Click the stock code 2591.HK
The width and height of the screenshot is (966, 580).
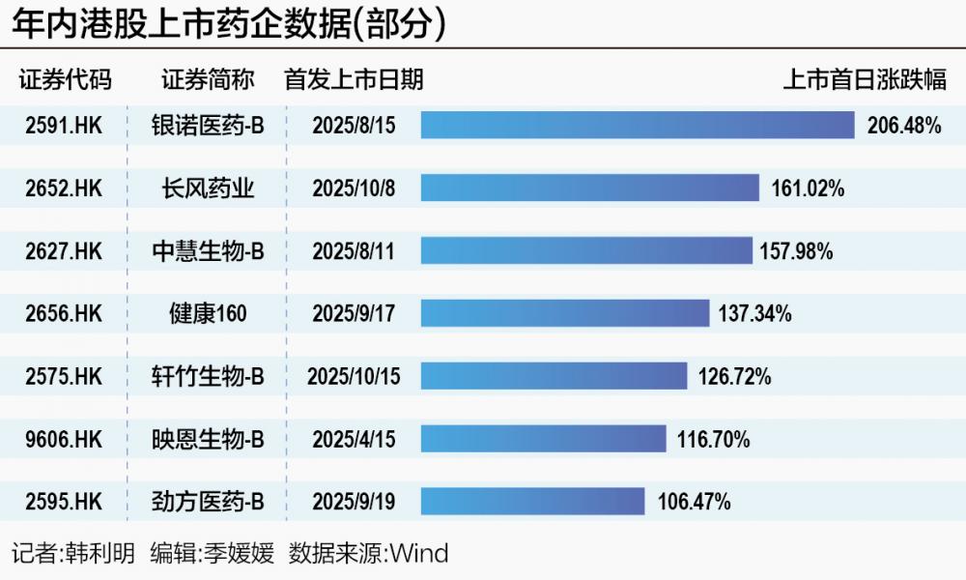pos(64,125)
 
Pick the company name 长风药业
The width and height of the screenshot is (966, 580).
pos(208,188)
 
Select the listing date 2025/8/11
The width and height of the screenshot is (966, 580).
pos(354,251)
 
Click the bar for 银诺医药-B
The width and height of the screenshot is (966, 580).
pos(638,125)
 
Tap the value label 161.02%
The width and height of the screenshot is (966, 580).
pos(808,188)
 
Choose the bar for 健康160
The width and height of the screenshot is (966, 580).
pos(565,313)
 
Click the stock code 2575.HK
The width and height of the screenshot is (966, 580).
pos(64,376)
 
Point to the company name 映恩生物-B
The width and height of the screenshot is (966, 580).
pos(208,439)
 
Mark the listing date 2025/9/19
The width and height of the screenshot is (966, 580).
pos(354,501)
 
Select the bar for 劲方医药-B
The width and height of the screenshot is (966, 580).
pos(532,501)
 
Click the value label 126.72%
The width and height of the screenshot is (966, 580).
pos(734,376)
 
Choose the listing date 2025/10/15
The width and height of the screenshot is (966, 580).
pos(354,376)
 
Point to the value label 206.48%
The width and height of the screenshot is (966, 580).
pos(904,125)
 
